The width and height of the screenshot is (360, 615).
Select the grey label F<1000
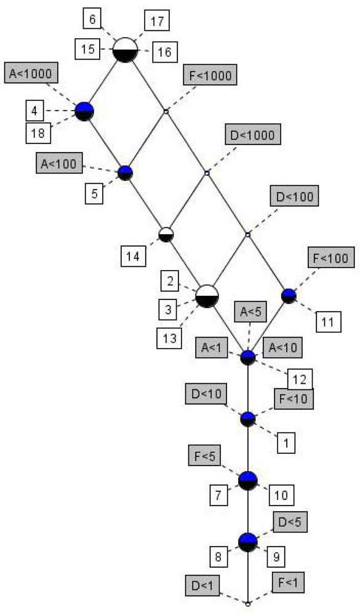coord(210,75)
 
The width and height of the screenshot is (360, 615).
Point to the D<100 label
coord(295,197)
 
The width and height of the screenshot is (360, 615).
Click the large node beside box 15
coord(125,49)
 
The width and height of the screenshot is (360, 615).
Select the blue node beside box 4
coord(84,111)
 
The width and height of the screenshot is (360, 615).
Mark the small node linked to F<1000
coord(166,111)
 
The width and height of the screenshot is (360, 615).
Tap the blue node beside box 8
coord(247,542)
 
